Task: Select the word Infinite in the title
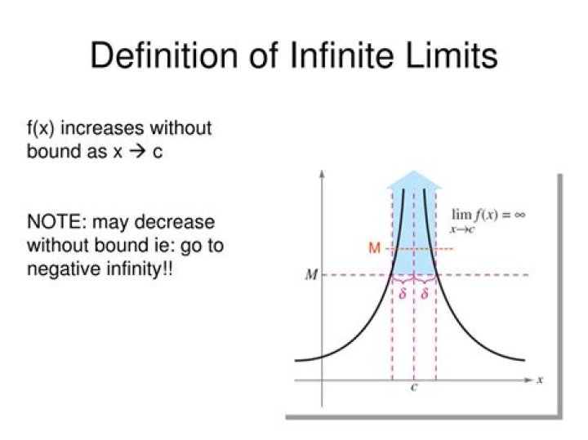pos(326,56)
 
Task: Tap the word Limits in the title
pos(450,56)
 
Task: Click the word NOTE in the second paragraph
pos(53,222)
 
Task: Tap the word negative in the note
pos(62,268)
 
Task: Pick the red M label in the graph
pos(374,248)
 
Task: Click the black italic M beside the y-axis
pos(311,275)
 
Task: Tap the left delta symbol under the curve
pos(403,293)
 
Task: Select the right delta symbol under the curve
pos(425,293)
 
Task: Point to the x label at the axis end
pos(541,380)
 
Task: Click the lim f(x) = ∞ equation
pos(488,216)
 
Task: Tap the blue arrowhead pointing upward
pos(414,180)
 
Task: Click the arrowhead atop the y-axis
pos(323,175)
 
